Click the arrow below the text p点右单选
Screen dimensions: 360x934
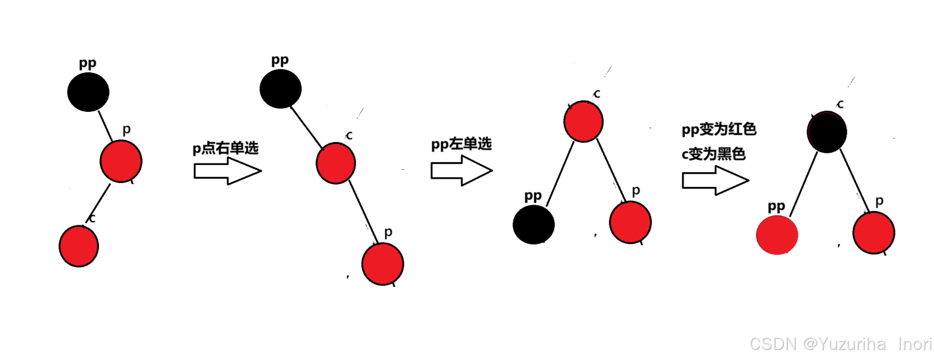(227, 171)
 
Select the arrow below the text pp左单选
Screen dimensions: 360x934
(461, 171)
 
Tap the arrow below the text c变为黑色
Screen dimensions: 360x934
(714, 180)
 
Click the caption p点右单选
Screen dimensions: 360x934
(225, 148)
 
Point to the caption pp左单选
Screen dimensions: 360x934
(461, 144)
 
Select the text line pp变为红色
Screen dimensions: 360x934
(719, 129)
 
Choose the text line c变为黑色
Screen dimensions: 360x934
(714, 154)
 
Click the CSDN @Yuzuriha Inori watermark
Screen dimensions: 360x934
(840, 344)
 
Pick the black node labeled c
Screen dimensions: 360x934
(827, 132)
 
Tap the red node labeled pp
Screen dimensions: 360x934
(777, 235)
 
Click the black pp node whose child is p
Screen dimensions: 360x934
(88, 92)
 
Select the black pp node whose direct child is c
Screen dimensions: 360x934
(281, 89)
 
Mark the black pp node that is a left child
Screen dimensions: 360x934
(533, 224)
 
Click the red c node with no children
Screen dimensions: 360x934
(79, 246)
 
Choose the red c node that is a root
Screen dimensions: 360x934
(583, 121)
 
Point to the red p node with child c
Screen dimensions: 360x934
(121, 162)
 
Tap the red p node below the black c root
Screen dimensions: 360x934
(874, 233)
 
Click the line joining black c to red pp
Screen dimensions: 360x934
(803, 184)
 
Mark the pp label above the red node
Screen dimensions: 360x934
(776, 207)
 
